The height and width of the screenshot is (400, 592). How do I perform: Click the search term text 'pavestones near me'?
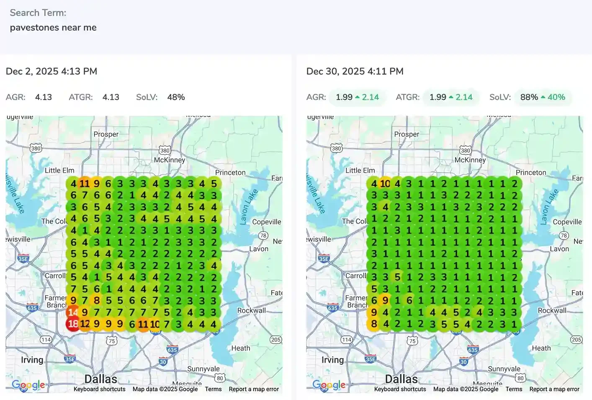click(53, 28)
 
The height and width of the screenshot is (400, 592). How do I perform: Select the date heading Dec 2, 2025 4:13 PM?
click(51, 71)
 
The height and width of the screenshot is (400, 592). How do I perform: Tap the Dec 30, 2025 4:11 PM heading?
click(355, 71)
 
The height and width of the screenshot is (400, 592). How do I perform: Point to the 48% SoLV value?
click(176, 97)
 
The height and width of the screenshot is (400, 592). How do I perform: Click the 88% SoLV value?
click(529, 97)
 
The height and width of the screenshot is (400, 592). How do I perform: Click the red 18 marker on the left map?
click(73, 324)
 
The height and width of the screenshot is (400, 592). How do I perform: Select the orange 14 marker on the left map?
click(73, 312)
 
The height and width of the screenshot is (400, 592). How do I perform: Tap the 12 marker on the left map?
click(85, 324)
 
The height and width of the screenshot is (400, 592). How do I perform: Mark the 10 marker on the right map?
click(385, 184)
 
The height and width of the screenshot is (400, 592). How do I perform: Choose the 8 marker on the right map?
click(374, 324)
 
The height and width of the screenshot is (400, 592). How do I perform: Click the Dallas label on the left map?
click(101, 379)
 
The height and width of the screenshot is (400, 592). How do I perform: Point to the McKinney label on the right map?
click(470, 160)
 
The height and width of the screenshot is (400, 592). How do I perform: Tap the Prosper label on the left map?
click(106, 134)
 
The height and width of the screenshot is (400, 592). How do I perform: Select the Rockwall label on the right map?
click(552, 311)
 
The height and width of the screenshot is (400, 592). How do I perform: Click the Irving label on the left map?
click(32, 360)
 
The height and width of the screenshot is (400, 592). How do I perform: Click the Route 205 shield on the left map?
click(275, 340)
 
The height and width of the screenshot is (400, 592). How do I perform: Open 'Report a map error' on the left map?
click(254, 389)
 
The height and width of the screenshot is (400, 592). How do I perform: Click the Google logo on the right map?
click(329, 385)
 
